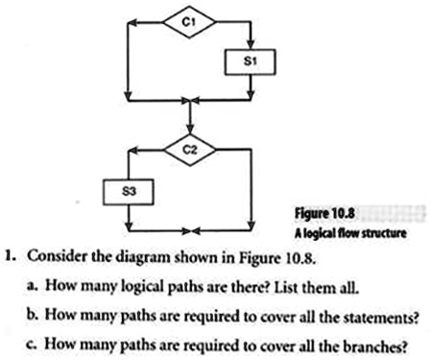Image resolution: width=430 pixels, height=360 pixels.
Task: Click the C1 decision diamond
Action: pos(189,22)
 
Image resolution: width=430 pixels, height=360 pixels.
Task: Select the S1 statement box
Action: pos(250,62)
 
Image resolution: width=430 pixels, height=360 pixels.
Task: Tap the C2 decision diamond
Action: pos(190,150)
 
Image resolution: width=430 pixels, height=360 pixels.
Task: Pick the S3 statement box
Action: pos(129,192)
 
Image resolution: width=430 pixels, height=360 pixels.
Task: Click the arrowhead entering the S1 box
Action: pos(251,45)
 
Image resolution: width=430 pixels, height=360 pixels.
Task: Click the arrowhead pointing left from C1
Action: pos(132,22)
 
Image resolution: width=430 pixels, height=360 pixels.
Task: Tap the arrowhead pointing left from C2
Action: pos(133,150)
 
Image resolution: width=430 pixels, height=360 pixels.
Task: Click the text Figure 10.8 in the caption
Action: pos(324,213)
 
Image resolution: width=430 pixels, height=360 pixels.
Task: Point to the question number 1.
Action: pos(11,256)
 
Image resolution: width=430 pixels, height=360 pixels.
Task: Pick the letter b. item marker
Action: pos(33,315)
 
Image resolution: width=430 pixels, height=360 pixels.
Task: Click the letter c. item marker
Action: pos(33,345)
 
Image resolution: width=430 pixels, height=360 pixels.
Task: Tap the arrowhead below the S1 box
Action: pos(251,95)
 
